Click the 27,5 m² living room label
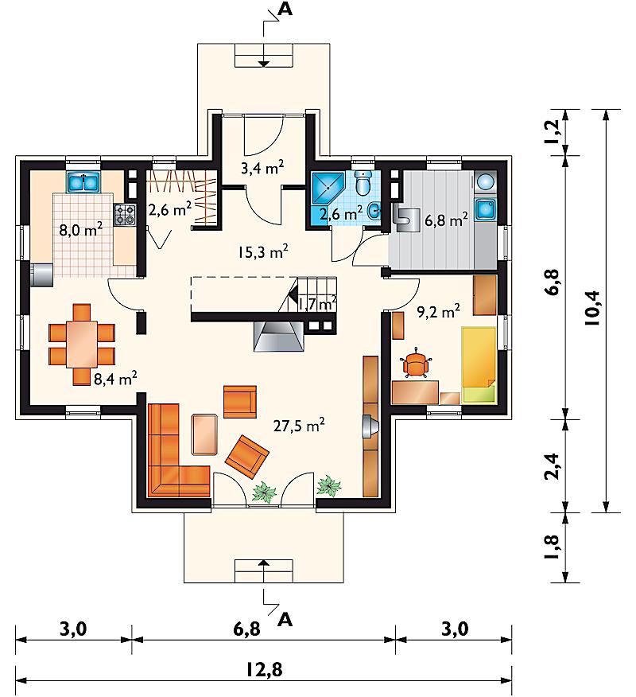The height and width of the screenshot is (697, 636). (298, 426)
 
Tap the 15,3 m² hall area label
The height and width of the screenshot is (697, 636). (262, 251)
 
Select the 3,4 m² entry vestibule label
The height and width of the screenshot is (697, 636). (262, 168)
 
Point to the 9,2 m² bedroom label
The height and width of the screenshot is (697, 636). (438, 311)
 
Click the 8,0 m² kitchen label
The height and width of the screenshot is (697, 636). (81, 230)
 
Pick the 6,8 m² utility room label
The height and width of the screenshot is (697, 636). (446, 220)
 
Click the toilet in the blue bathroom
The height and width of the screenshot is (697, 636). (363, 183)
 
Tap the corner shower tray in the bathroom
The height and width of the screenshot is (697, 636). (328, 188)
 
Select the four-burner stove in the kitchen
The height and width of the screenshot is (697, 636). (126, 214)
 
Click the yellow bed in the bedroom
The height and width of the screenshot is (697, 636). (479, 364)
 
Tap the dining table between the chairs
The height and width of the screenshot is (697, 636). (82, 344)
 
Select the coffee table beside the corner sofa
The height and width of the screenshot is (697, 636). (204, 434)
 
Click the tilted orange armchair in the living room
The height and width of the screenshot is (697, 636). (247, 457)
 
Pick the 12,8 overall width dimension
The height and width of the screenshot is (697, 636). (264, 669)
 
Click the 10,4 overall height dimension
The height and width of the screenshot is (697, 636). (592, 309)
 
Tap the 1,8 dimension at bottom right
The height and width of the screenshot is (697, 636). (551, 547)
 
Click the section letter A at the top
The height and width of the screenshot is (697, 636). (285, 10)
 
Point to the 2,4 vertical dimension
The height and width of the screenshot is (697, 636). (551, 466)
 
